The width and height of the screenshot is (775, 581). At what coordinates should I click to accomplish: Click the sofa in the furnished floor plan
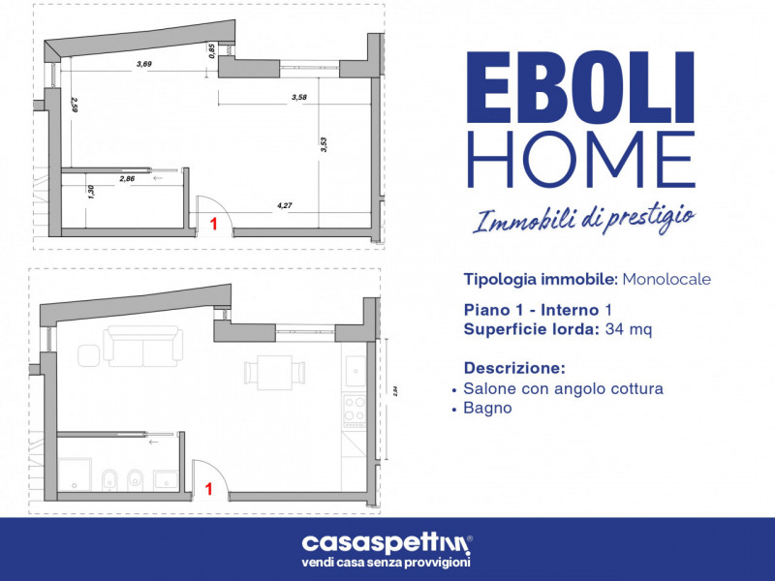click(144, 346)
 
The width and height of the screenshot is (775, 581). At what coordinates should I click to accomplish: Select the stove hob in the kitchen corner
click(355, 408)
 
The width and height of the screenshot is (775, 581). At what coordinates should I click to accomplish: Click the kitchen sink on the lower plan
click(356, 369)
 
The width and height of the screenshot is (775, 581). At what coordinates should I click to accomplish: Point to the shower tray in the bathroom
click(76, 473)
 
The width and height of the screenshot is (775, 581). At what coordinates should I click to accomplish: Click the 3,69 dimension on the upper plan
click(144, 64)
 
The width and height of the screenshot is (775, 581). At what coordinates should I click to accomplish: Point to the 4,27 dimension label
click(284, 205)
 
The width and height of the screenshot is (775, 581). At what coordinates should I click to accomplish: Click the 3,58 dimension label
click(298, 97)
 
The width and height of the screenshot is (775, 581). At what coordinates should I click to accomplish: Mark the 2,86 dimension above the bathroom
click(127, 179)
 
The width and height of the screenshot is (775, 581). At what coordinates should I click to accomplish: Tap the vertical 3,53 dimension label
click(324, 144)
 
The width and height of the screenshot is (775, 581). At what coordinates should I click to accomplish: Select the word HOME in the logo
click(581, 160)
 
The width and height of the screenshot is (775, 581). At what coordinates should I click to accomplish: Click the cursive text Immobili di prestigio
click(582, 219)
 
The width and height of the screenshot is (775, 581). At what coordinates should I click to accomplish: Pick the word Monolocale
click(666, 279)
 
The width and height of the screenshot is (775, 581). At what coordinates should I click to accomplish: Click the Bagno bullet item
click(487, 409)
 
